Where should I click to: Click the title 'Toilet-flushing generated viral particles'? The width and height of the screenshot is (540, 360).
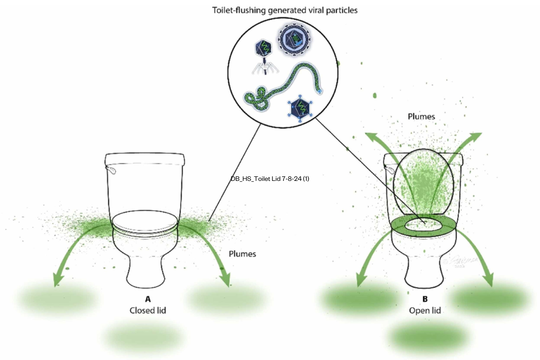coord(285,10)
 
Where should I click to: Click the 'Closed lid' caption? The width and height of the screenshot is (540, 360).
coord(148,310)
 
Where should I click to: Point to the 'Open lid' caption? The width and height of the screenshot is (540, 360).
coord(425,310)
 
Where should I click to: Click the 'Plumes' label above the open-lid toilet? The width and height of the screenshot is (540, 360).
coord(421,117)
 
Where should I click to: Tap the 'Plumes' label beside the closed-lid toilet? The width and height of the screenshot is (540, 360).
coord(242,254)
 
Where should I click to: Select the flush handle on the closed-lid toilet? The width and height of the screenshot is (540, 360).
coord(111,170)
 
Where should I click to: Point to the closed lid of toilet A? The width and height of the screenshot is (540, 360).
coord(144,222)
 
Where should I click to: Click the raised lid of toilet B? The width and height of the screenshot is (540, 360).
coord(423,180)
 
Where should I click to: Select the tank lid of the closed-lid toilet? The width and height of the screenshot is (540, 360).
coord(145,158)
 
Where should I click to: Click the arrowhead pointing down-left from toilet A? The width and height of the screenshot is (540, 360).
coord(56,281)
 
